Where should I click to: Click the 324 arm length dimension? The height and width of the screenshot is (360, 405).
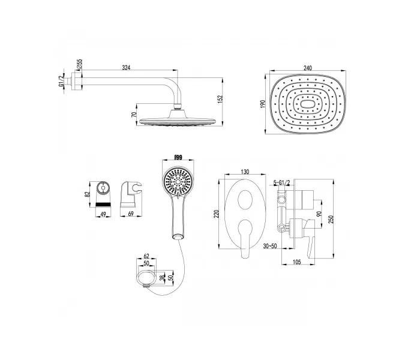coord(126,68)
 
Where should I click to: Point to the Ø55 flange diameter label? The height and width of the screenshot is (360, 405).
coord(79,64)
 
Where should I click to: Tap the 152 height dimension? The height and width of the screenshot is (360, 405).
coord(220,100)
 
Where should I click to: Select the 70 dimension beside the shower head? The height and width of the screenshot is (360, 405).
coord(134,115)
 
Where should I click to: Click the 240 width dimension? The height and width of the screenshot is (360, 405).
coord(308,68)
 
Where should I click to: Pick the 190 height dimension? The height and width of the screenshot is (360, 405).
coord(263,104)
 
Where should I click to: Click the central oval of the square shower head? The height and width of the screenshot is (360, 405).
coord(307,104)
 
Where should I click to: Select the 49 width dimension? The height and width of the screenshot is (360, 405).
coord(103,214)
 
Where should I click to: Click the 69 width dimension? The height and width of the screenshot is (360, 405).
coord(131,214)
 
